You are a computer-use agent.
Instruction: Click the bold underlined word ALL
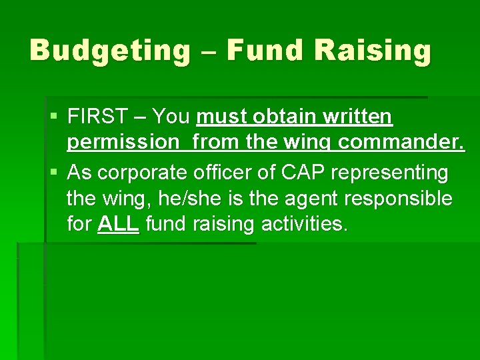pos(118,224)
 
